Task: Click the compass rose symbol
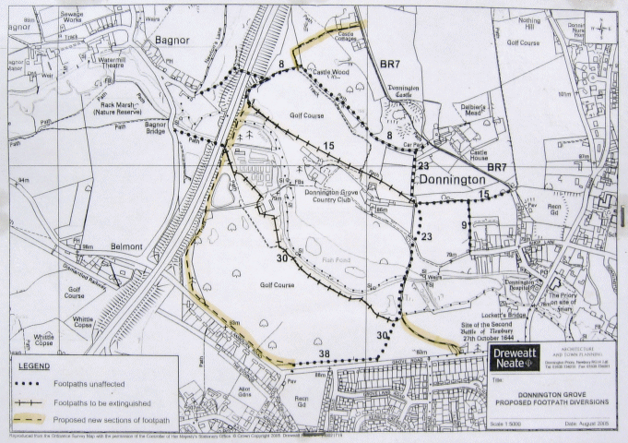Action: click(x=604, y=29)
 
